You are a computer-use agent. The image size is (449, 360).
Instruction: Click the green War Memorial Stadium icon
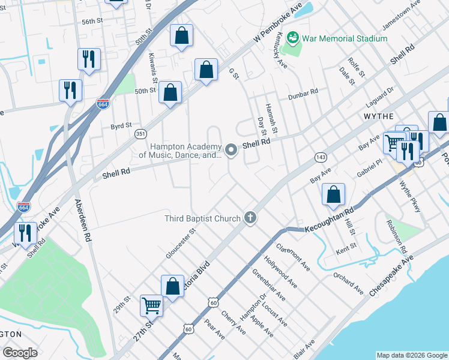pos(294,38)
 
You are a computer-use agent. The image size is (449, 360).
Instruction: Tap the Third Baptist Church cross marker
pos(250,218)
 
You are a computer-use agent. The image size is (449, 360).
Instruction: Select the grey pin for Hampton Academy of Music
pos(232,149)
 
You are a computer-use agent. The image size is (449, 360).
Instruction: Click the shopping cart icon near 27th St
pos(151,305)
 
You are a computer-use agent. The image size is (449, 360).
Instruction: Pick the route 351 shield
pos(140,133)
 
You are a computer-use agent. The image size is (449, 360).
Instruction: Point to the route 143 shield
pos(321,157)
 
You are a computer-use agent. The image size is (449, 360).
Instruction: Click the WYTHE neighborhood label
pos(378,116)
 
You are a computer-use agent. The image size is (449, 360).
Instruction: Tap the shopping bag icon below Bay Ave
pos(333,194)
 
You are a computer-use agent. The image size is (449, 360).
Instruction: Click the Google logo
pos(20,353)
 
